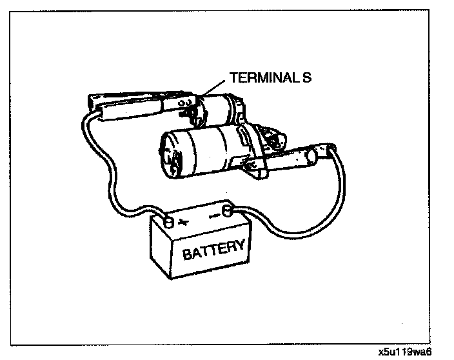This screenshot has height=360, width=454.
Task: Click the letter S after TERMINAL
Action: (308, 79)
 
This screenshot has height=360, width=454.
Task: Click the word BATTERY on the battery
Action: (213, 248)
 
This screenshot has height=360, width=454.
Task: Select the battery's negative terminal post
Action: (226, 211)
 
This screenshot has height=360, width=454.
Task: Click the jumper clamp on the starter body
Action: (297, 158)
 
